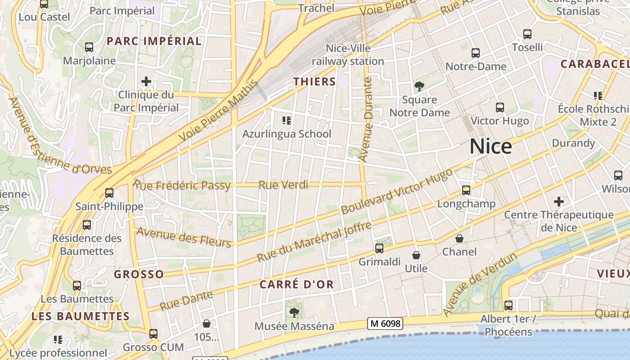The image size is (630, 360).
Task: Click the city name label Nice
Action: pyautogui.click(x=490, y=147)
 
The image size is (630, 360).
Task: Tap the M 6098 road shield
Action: pyautogui.click(x=384, y=323)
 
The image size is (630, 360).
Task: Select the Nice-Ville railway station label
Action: pyautogui.click(x=348, y=54)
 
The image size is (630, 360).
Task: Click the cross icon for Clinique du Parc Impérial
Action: pyautogui.click(x=146, y=81)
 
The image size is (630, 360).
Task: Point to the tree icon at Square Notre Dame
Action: pyautogui.click(x=419, y=85)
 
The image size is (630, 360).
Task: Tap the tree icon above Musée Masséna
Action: pyautogui.click(x=294, y=312)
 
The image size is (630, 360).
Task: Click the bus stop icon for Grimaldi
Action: pyautogui.click(x=379, y=248)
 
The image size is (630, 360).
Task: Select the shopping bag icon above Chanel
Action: pyautogui.click(x=459, y=238)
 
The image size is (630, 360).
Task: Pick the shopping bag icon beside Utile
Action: pyautogui.click(x=416, y=255)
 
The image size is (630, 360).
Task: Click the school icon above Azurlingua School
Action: pyautogui.click(x=286, y=120)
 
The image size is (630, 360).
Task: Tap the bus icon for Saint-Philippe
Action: pyautogui.click(x=109, y=193)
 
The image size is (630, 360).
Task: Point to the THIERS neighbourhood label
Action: pyautogui.click(x=315, y=81)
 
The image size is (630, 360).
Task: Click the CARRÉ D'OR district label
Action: pyautogui.click(x=297, y=284)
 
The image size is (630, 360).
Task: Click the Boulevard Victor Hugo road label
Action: pyautogui.click(x=396, y=192)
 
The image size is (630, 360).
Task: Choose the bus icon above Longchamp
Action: pyautogui.click(x=466, y=190)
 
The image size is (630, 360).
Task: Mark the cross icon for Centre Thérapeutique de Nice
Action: pyautogui.click(x=559, y=201)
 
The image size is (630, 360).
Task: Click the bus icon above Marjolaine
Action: pyautogui.click(x=89, y=47)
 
